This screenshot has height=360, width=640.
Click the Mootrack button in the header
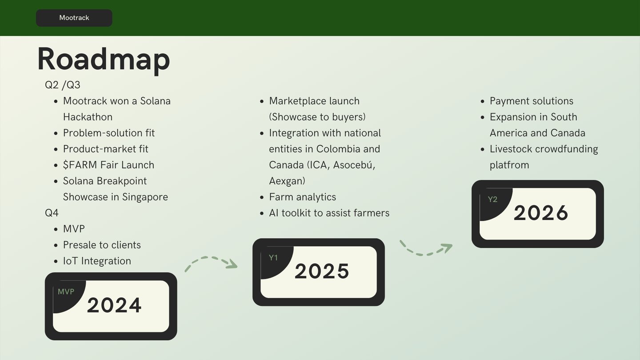click(x=74, y=18)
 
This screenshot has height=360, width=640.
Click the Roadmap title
click(x=104, y=60)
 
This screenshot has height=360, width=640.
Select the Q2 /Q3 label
click(x=63, y=85)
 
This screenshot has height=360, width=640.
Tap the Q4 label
click(x=52, y=213)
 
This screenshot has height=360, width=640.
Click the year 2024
click(x=114, y=305)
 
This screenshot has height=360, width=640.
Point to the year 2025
click(x=322, y=271)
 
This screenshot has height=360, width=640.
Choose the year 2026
click(x=541, y=213)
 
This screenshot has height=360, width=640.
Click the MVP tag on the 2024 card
click(x=66, y=292)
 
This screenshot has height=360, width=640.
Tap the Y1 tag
click(x=273, y=258)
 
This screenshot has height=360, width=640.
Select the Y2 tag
click(x=492, y=200)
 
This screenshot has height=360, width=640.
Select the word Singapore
click(x=145, y=197)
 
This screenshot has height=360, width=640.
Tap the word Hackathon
click(x=88, y=117)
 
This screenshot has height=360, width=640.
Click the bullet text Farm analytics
click(x=302, y=197)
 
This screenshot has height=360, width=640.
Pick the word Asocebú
click(x=354, y=165)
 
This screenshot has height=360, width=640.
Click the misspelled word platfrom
click(x=509, y=165)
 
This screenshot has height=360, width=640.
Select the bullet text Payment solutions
click(x=532, y=101)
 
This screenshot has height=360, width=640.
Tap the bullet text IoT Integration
click(x=97, y=261)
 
